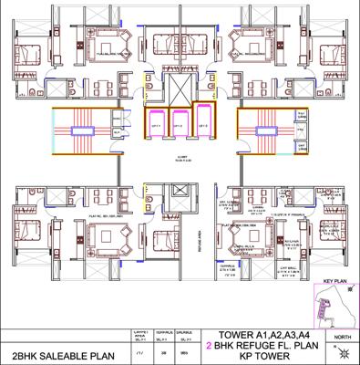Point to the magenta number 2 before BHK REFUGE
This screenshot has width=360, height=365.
211,346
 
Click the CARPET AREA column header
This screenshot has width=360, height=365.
140,334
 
